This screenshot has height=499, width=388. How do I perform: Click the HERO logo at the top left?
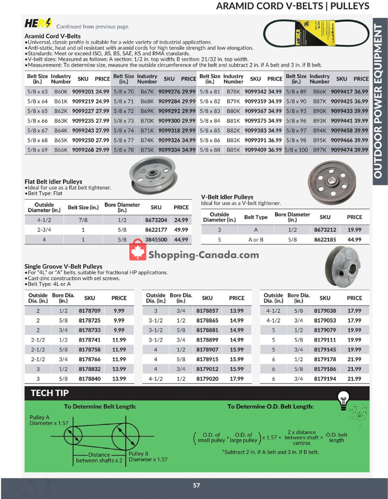click(38, 23)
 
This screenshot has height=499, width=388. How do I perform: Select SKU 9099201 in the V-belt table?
click(83, 91)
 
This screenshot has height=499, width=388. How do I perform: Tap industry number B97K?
click(319, 150)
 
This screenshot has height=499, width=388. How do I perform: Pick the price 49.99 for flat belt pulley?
click(181, 230)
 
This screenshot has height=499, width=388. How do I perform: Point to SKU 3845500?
click(156, 239)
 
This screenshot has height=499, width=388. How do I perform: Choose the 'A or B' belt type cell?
click(256, 239)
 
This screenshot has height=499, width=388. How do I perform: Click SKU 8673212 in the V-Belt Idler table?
click(325, 230)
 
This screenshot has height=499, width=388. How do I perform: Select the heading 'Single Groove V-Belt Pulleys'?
click(63, 266)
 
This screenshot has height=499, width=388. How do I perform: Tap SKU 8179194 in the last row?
click(325, 378)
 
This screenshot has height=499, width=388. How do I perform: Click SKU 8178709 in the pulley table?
click(90, 311)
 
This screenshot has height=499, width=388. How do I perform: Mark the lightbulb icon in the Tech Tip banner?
click(343, 399)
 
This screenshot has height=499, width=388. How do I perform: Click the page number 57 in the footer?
click(196, 485)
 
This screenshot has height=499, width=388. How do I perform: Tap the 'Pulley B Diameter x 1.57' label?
click(148, 457)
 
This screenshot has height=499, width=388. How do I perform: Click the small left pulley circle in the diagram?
click(73, 436)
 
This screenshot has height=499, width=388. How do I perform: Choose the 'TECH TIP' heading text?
click(49, 393)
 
